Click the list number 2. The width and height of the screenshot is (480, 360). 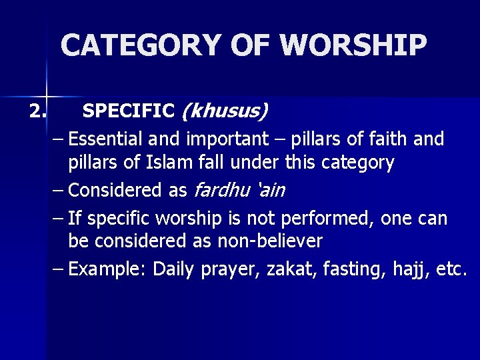click(x=38, y=109)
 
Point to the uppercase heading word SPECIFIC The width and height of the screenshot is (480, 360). click(x=129, y=109)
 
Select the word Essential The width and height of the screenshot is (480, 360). click(x=105, y=139)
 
